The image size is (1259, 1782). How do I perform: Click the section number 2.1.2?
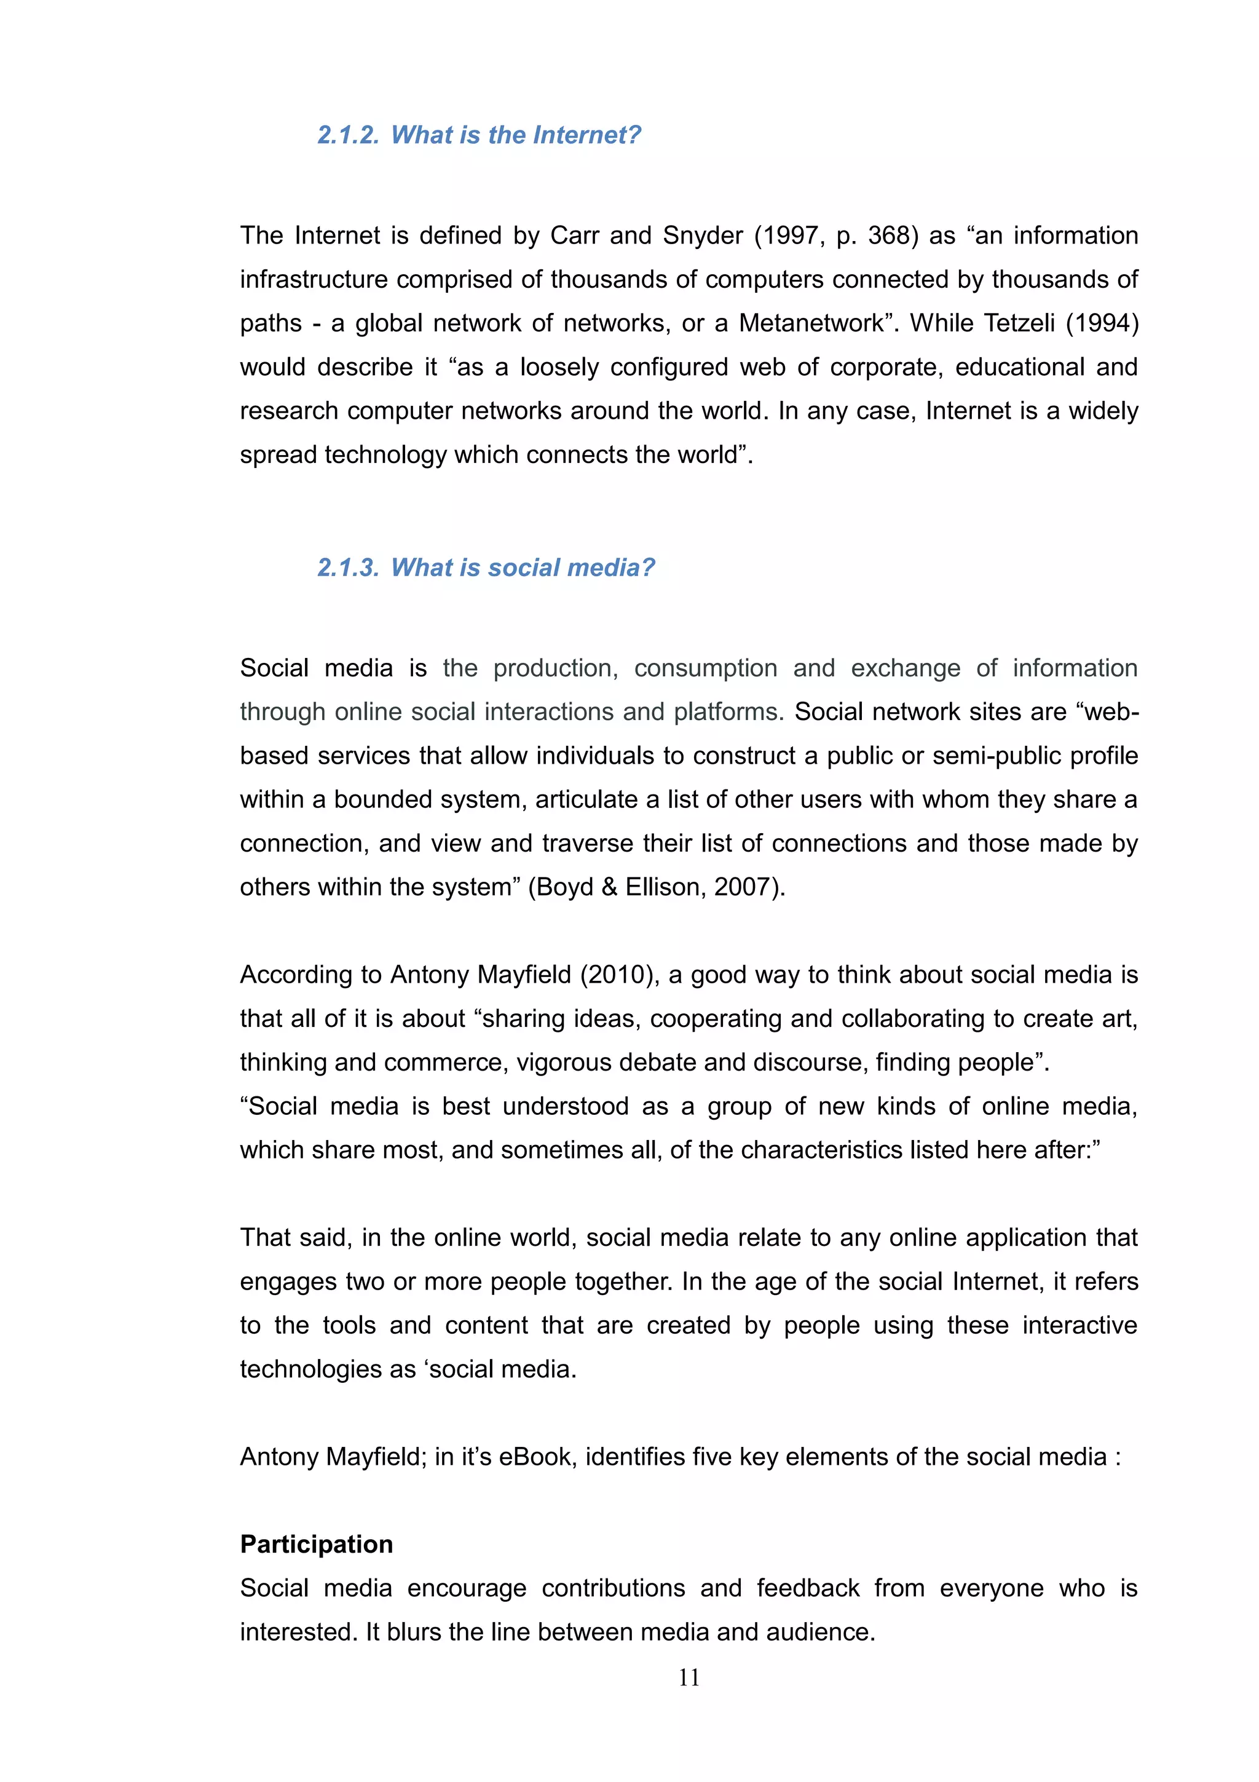point(347,135)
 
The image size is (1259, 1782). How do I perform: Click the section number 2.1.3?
point(347,568)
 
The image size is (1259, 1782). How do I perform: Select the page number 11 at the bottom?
point(689,1677)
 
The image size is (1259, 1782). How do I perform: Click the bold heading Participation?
point(317,1544)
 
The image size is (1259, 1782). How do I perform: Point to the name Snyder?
point(703,235)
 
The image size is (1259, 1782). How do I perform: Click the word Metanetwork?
point(811,323)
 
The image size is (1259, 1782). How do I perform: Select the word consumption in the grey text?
point(705,667)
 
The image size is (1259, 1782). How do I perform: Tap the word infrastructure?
point(314,279)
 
